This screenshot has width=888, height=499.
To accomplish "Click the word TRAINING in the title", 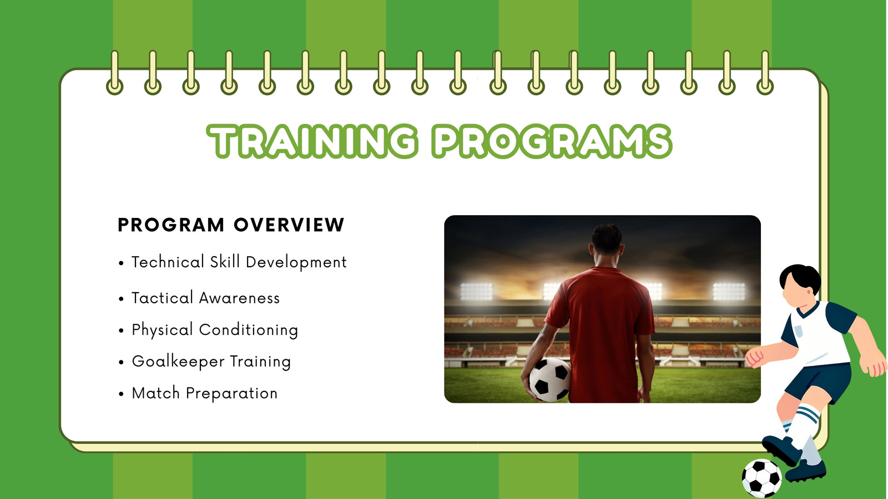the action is pos(312,141).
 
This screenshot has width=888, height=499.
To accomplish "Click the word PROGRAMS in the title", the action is pos(552,141).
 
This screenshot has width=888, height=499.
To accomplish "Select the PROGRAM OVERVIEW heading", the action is pos(231,225).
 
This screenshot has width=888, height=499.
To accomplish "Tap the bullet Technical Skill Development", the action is pos(239,262).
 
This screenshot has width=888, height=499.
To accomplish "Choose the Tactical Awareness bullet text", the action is pos(205,298).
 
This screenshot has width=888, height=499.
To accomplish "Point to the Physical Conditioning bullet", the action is pos(214,330).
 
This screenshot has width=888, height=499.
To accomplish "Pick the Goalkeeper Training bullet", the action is pos(211,361).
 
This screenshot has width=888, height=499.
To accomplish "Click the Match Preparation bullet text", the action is pos(205,393).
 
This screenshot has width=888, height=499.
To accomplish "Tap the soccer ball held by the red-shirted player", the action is pos(550,379).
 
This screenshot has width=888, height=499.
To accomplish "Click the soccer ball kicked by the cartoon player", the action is pos(761,478).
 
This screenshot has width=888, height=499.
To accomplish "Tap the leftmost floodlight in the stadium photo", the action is pos(476,292).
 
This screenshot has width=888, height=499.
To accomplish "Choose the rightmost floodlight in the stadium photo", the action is pos(729,292).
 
